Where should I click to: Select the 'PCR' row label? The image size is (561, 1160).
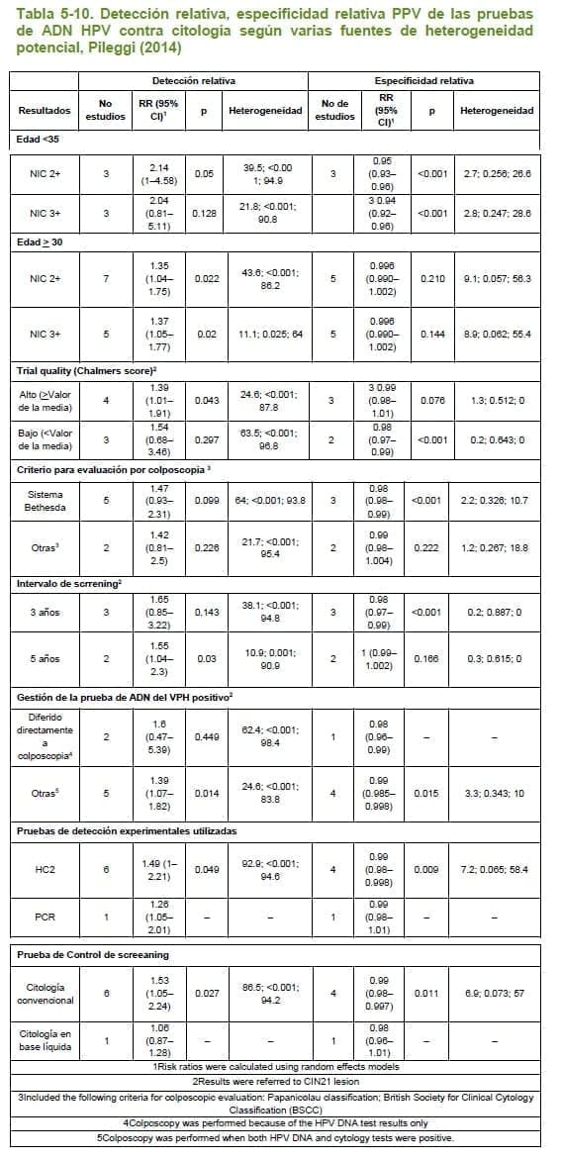45,916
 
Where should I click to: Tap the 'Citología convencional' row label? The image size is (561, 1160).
45,993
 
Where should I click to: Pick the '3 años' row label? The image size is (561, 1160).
45,612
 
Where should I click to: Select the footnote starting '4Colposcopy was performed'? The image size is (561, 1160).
281,1124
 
